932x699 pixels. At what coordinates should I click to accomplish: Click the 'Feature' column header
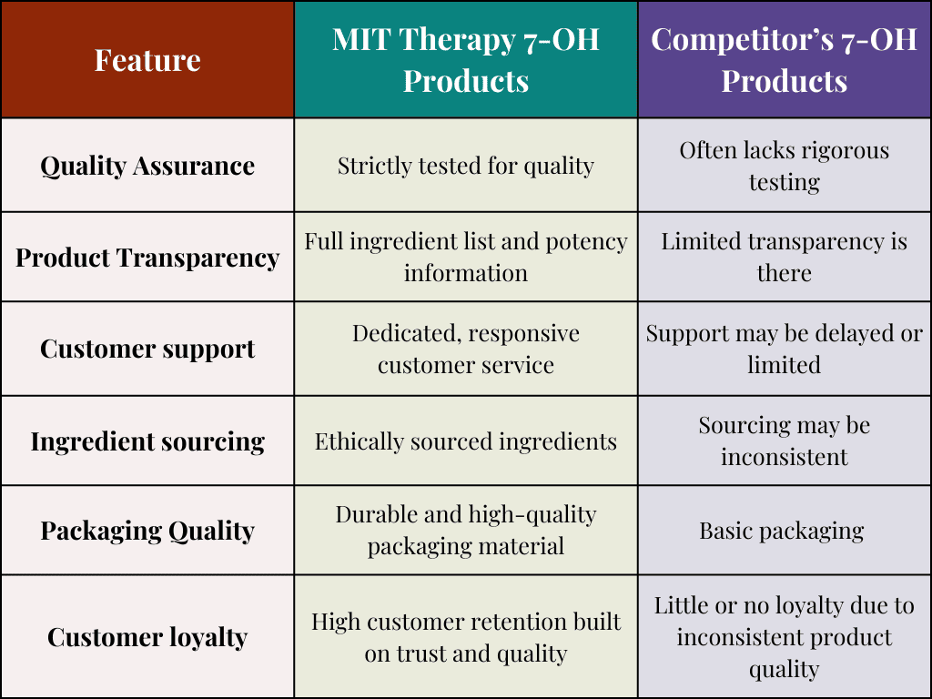pos(147,60)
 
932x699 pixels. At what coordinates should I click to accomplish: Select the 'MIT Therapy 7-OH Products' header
pos(465,60)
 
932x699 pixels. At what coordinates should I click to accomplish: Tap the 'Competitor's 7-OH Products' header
pos(784,60)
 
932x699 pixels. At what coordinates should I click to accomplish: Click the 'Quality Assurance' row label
pos(147,166)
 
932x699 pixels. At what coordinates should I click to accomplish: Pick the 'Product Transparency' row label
pos(147,258)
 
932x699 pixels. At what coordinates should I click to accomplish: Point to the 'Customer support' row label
pos(147,349)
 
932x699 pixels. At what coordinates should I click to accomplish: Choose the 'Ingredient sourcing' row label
pos(147,441)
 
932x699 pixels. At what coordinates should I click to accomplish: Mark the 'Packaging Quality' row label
pos(147,531)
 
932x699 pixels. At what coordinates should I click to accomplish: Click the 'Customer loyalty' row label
pos(147,637)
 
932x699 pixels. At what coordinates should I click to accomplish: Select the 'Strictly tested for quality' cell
pos(465,166)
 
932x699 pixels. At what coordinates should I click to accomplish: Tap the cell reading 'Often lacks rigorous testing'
pos(784,166)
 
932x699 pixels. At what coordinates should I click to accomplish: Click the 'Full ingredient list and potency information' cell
pos(465,258)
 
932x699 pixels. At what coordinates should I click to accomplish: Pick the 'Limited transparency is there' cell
pos(784,258)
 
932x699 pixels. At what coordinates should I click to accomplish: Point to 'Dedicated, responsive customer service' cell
pos(465,349)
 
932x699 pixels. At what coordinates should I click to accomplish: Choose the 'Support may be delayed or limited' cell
pos(784,349)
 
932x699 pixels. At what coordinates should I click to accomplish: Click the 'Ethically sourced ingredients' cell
pos(465,441)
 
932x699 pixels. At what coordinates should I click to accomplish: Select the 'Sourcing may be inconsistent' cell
pos(784,441)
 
